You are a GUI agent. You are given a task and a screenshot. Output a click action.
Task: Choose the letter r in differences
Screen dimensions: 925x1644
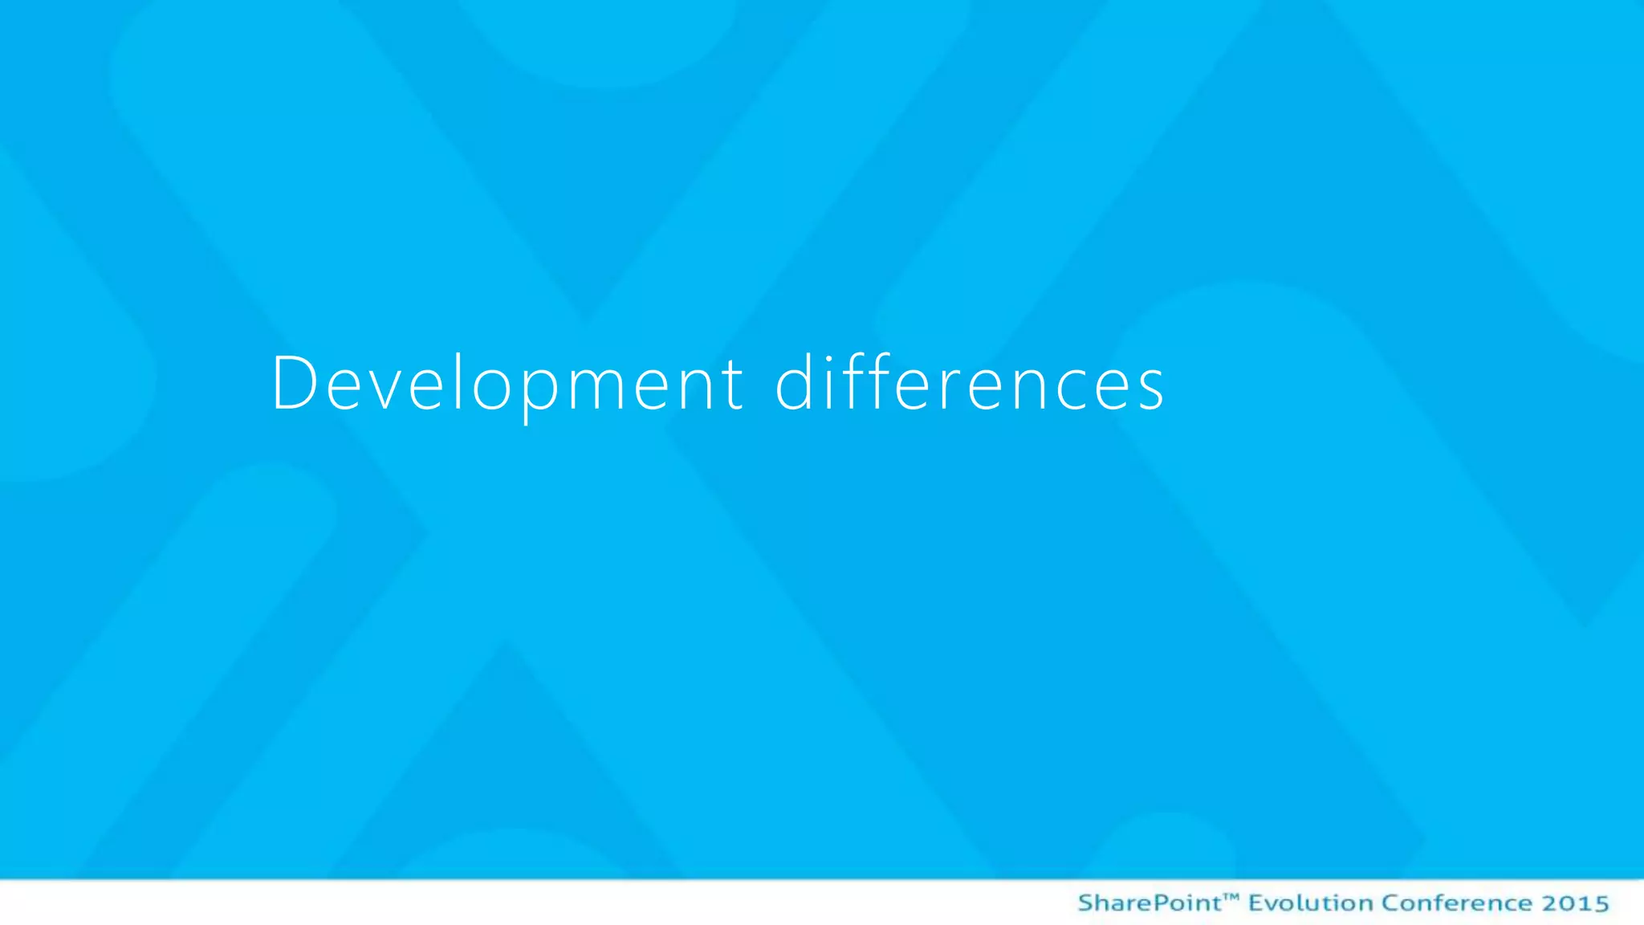pos(947,389)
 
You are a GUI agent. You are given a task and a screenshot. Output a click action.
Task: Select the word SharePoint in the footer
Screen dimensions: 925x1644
pos(1149,903)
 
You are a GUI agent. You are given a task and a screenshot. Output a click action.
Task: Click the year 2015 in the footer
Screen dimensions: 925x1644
pos(1575,903)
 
